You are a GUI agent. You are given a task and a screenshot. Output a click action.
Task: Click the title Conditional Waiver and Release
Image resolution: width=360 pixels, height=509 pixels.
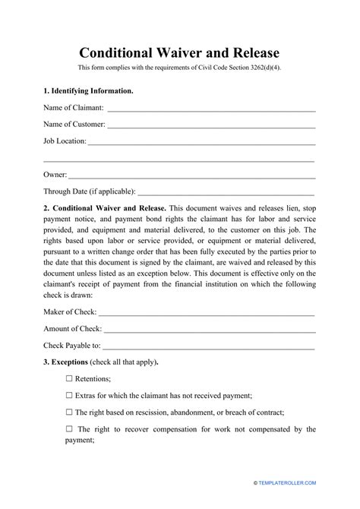[179, 53]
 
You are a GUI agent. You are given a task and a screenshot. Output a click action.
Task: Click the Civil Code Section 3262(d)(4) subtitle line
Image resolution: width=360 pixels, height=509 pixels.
[179, 71]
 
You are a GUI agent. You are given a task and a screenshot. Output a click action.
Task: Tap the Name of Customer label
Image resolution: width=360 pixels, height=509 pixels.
[74, 125]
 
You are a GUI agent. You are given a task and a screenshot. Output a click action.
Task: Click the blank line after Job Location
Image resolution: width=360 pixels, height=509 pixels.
[202, 141]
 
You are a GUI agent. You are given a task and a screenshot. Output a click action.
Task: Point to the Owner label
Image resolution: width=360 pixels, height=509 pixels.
[55, 175]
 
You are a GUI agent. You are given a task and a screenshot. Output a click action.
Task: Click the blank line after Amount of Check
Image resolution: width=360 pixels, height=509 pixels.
[210, 329]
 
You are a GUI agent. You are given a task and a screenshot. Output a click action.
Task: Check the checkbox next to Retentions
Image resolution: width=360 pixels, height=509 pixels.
[70, 378]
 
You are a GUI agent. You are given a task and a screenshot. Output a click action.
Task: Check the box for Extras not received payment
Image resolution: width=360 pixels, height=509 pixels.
[70, 395]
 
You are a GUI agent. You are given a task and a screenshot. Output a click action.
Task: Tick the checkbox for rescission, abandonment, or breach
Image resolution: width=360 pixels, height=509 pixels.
[70, 412]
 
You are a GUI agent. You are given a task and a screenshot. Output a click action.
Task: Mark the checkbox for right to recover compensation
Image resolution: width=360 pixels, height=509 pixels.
[70, 429]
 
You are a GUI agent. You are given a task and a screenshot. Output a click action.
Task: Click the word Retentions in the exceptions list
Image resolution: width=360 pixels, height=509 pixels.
[93, 378]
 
